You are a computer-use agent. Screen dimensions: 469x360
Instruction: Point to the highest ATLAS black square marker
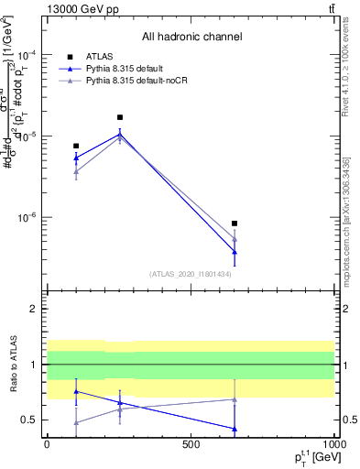[120, 117]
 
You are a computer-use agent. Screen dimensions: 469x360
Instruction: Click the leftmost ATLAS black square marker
[76, 146]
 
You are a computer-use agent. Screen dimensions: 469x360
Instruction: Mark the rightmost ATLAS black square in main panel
[235, 224]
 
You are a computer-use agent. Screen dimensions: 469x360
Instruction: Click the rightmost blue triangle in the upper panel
[235, 252]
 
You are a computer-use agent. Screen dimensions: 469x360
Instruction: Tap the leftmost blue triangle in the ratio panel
[76, 391]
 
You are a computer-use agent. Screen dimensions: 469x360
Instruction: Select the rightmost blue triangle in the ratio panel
[235, 429]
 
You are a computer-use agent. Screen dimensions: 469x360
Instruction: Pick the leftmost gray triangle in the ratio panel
[76, 422]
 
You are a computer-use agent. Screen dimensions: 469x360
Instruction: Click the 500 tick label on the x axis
[191, 444]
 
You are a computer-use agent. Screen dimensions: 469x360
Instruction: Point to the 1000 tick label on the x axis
[333, 444]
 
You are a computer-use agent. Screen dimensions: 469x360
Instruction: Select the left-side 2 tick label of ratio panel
[35, 310]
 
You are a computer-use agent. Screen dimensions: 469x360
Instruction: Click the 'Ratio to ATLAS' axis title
[12, 365]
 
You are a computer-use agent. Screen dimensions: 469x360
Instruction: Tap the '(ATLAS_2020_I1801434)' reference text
[191, 274]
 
